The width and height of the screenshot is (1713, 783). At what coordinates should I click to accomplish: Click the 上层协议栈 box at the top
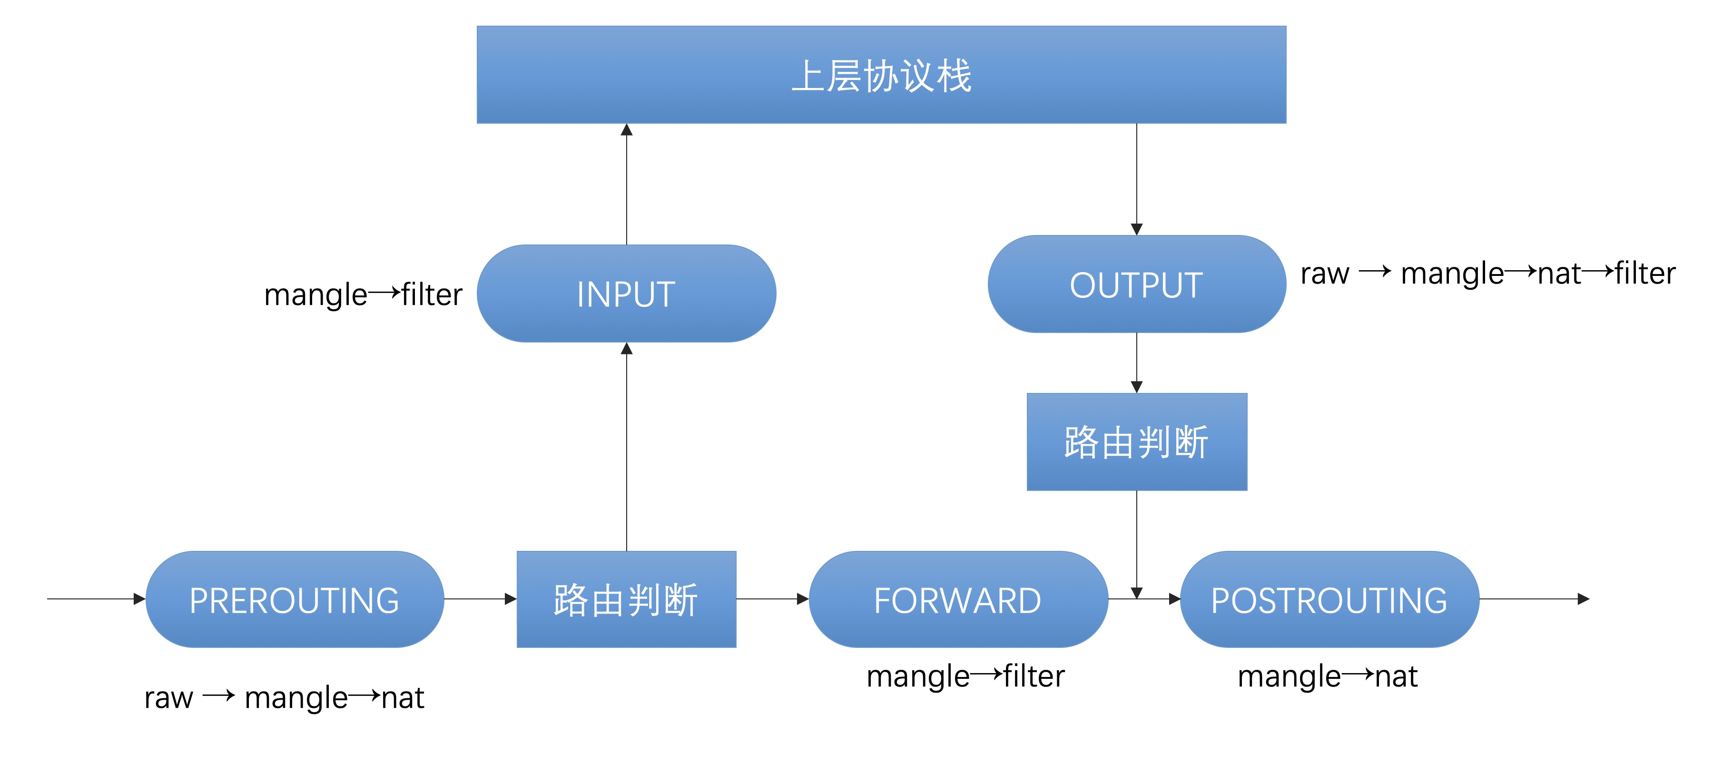click(x=881, y=74)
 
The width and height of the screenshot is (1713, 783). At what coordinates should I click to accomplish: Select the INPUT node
click(x=626, y=293)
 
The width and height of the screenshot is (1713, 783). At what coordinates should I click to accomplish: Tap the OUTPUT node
click(x=1136, y=284)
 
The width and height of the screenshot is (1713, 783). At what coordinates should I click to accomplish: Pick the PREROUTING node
click(x=295, y=599)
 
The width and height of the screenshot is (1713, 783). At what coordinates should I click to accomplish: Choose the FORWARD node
click(x=958, y=599)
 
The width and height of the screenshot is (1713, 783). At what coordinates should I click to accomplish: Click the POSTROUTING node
click(x=1329, y=599)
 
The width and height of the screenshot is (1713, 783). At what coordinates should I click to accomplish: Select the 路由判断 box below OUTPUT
click(x=1136, y=442)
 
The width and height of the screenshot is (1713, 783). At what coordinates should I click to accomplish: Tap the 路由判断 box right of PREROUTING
click(x=626, y=599)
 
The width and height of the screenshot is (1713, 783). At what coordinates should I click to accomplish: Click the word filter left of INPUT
click(x=432, y=294)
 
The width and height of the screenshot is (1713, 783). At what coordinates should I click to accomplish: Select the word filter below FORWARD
click(x=1034, y=676)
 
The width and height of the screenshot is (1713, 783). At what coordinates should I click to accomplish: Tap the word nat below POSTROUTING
click(x=1396, y=676)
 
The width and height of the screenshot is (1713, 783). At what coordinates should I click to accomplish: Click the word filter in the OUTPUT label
click(x=1645, y=273)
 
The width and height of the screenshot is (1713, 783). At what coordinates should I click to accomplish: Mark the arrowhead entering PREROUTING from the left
click(x=139, y=599)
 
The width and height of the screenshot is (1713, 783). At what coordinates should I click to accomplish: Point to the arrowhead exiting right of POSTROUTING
click(x=1583, y=599)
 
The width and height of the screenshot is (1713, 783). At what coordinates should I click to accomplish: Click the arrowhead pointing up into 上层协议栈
click(x=626, y=129)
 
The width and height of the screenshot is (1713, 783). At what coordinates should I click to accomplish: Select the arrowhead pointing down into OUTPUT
click(x=1136, y=229)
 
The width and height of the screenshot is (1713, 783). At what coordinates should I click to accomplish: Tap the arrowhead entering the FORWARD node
click(x=803, y=599)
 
